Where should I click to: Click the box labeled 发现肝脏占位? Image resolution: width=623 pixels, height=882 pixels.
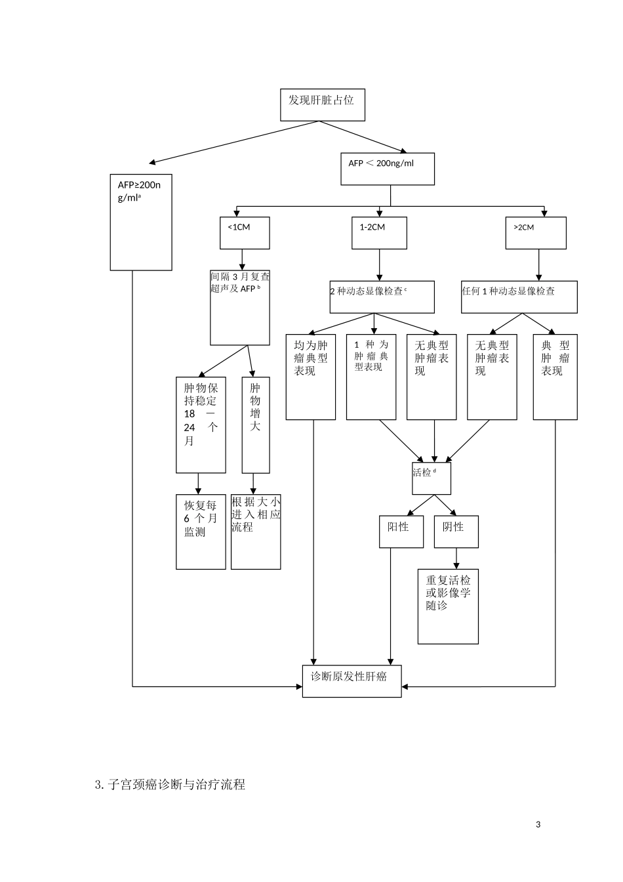(322, 105)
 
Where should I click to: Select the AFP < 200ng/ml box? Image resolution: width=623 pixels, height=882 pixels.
(387, 169)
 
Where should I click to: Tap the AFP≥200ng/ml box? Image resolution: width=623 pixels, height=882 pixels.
(141, 222)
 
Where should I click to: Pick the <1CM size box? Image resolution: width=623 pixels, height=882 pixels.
(244, 233)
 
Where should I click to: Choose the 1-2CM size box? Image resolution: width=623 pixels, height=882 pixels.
(379, 233)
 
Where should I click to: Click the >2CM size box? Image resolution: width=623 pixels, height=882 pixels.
(535, 233)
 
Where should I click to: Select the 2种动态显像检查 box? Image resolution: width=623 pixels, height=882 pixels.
(382, 297)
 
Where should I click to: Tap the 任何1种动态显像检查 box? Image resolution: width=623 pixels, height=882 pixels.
(519, 297)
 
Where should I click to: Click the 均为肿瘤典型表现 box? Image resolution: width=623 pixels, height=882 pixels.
(311, 377)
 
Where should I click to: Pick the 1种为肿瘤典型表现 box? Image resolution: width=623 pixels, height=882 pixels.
(371, 377)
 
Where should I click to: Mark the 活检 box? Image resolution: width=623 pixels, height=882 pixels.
(431, 478)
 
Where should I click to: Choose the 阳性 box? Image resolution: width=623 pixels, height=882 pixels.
(398, 532)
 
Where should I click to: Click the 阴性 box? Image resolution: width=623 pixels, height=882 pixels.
(456, 532)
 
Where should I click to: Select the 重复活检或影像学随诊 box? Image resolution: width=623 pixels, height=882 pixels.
(448, 606)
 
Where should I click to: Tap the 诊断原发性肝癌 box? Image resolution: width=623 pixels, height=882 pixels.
(352, 681)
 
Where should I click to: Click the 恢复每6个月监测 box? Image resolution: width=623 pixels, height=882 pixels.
(201, 532)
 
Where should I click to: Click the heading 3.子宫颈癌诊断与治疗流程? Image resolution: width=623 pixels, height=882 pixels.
(170, 784)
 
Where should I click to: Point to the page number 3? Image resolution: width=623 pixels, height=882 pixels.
(538, 825)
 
